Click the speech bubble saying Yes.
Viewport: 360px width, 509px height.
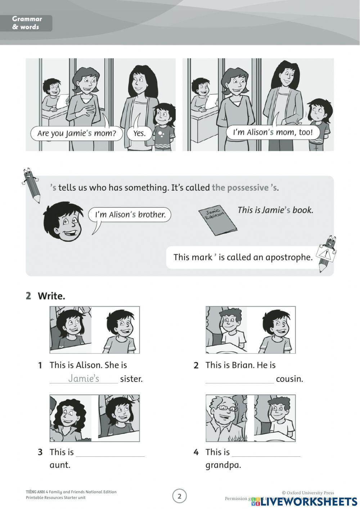139,133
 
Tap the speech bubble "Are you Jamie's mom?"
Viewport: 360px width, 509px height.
76,133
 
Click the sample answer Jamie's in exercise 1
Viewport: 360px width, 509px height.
84,378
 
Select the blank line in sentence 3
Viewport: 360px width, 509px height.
110,453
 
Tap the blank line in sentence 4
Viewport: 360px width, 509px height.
266,453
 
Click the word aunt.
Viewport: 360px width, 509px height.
60,465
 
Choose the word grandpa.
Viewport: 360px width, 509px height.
223,465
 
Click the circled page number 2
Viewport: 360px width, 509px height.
180,496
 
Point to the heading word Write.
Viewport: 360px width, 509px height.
51,296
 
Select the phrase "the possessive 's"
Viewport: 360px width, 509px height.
245,188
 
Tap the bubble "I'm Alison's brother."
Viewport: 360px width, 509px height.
130,215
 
